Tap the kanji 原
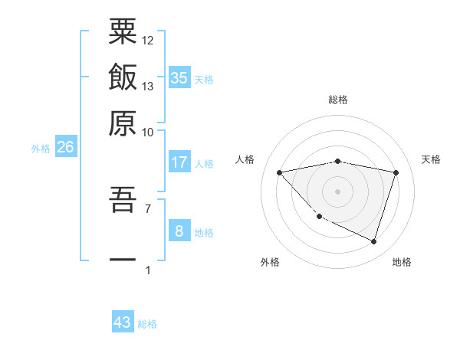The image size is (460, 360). pos(123,123)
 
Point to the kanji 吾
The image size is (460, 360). pos(123,201)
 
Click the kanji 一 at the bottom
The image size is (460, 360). pos(123,259)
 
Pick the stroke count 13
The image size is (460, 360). pos(148,86)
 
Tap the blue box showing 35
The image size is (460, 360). pos(179,77)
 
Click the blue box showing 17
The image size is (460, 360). pos(179,162)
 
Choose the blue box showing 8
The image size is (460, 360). pos(179,231)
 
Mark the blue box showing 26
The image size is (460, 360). pos(65,147)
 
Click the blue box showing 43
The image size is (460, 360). pos(123,322)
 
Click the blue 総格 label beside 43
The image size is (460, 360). pos(148,324)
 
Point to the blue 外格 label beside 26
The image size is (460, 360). pos(41,149)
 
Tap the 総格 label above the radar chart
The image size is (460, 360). pos(338,100)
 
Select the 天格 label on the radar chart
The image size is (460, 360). pos(431,159)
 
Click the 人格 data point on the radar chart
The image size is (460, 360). pos(280,172)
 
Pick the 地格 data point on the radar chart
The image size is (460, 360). pos(373,242)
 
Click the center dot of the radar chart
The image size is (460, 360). pos(338,191)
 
